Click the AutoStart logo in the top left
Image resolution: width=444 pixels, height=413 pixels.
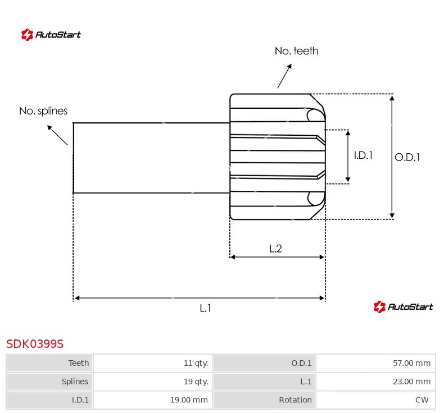click(x=51, y=35)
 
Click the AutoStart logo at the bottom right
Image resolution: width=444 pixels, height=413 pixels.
click(x=403, y=306)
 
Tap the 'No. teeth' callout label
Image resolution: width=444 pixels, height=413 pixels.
click(x=296, y=51)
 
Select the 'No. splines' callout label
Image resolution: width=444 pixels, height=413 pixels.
click(x=43, y=111)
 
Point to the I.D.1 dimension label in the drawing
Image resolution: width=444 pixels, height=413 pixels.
click(x=363, y=155)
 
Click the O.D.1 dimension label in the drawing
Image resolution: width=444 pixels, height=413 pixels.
click(x=407, y=157)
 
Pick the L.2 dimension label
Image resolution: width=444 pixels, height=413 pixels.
click(x=275, y=249)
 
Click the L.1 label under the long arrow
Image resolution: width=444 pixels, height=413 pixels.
click(x=206, y=308)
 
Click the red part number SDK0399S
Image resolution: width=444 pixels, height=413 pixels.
click(x=35, y=343)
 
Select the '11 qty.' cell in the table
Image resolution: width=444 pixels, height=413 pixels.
click(x=196, y=363)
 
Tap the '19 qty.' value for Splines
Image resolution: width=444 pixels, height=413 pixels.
click(x=196, y=382)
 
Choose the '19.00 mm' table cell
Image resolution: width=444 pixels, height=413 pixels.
click(x=188, y=400)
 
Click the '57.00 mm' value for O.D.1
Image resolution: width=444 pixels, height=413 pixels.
click(x=411, y=363)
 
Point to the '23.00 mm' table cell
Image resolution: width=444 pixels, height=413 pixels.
click(x=411, y=382)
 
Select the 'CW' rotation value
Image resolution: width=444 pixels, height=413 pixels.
click(x=422, y=400)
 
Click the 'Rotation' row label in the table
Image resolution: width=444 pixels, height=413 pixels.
click(x=295, y=400)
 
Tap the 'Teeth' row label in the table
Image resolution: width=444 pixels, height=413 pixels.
click(x=79, y=363)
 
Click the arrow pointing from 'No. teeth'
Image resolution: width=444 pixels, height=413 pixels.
click(x=285, y=76)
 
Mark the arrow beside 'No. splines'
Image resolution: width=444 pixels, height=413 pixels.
click(x=57, y=135)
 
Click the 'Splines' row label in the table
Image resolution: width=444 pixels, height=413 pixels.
click(x=75, y=382)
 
